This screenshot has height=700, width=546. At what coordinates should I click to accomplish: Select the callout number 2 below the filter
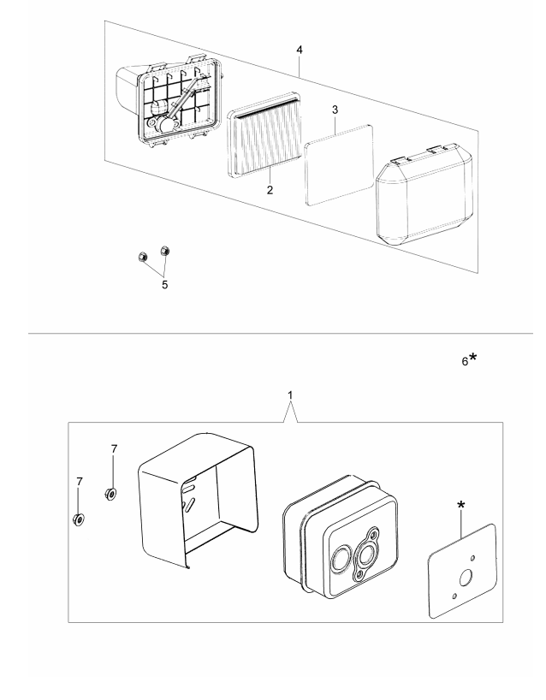[x=270, y=190]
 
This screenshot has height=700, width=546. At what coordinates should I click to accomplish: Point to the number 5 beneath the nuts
[x=165, y=283]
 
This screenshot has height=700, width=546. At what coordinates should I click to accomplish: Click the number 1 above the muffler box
[x=291, y=397]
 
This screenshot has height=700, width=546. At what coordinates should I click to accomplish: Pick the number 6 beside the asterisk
[x=465, y=362]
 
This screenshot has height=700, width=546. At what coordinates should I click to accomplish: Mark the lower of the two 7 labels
[x=78, y=482]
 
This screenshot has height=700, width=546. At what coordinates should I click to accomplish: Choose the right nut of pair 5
[x=166, y=252]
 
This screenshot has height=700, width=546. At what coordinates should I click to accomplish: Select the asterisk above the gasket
[x=462, y=507]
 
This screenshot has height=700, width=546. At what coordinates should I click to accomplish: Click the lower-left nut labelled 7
[x=79, y=519]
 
